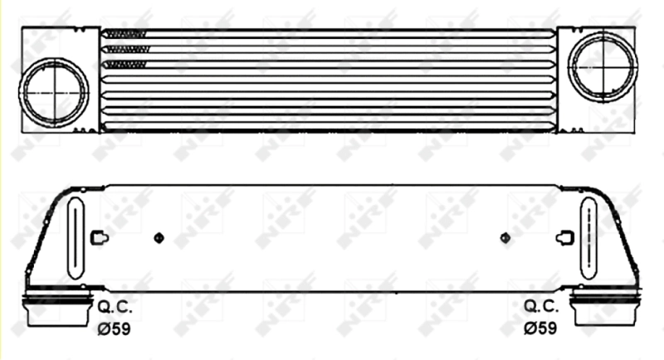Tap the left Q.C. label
pos(115,306)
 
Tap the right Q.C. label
pos(540,306)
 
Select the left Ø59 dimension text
pos(115,328)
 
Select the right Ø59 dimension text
pos(540,328)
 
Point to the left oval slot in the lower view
pos(76,237)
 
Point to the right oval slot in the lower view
pos(588,237)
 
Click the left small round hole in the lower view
pos(159,238)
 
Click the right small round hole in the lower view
pos(505,238)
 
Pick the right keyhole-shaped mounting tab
pos(564,238)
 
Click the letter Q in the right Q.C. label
pos(530,306)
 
